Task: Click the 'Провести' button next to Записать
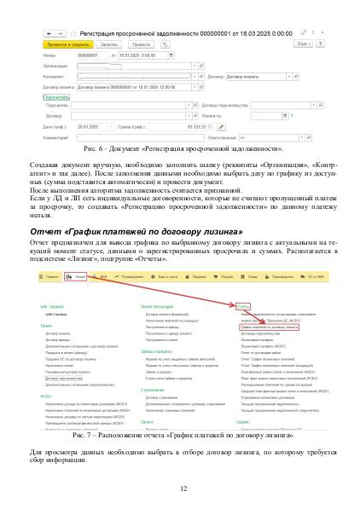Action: (142, 43)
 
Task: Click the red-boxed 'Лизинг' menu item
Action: (79, 277)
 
